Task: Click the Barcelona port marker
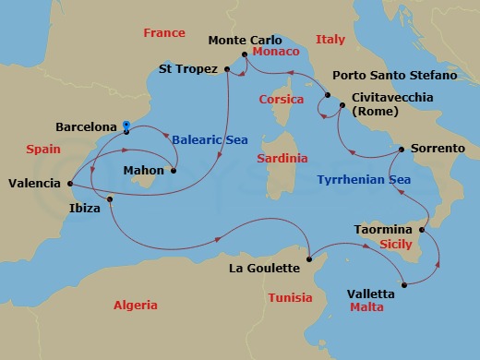[x=126, y=126]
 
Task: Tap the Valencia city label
[x=34, y=184]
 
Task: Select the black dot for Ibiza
[x=110, y=199]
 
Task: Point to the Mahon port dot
[x=174, y=170]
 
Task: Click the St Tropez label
[x=187, y=68]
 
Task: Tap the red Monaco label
[x=274, y=53]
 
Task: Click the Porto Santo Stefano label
[x=398, y=75]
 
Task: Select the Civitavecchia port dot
[x=342, y=107]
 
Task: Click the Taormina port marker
[x=423, y=229]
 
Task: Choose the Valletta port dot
[x=402, y=284]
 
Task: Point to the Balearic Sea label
[x=210, y=139]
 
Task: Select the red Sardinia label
[x=282, y=159]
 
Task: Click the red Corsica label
[x=282, y=99]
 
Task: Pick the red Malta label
[x=366, y=306]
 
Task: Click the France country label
[x=165, y=33]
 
